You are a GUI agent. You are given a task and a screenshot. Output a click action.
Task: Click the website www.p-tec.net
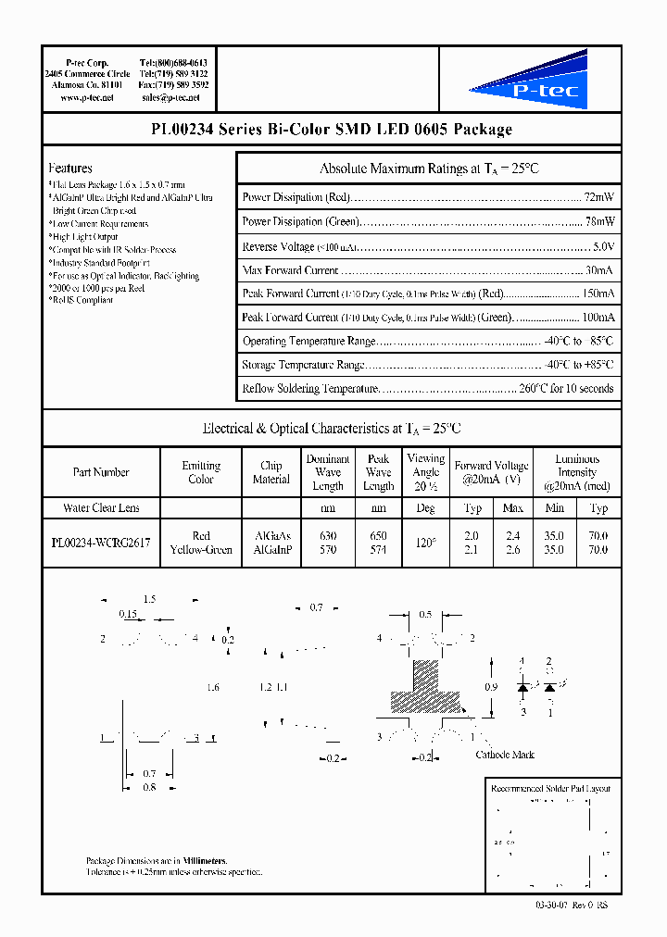click(x=86, y=97)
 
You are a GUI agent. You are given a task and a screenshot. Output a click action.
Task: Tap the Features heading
click(x=70, y=169)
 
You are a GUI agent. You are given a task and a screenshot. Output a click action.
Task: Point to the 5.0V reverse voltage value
click(x=602, y=246)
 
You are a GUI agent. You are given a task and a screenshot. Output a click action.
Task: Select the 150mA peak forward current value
click(x=597, y=294)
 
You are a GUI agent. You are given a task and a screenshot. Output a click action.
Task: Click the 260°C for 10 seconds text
click(x=566, y=389)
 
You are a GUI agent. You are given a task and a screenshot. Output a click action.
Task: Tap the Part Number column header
click(x=101, y=472)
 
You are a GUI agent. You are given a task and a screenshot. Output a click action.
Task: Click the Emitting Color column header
click(x=201, y=472)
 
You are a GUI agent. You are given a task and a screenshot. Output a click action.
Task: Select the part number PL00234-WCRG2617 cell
click(x=101, y=543)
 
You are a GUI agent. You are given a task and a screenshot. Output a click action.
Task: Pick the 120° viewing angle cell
click(x=425, y=543)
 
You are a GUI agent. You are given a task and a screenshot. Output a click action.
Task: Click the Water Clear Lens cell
click(x=101, y=508)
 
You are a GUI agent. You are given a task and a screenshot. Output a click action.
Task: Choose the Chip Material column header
click(x=271, y=472)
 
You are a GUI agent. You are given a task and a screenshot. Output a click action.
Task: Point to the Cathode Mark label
click(x=505, y=755)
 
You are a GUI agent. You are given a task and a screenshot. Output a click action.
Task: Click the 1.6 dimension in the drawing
click(x=213, y=687)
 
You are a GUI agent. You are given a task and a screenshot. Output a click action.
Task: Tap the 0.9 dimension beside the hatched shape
click(x=490, y=687)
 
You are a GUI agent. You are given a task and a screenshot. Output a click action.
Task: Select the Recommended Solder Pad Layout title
click(x=550, y=788)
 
